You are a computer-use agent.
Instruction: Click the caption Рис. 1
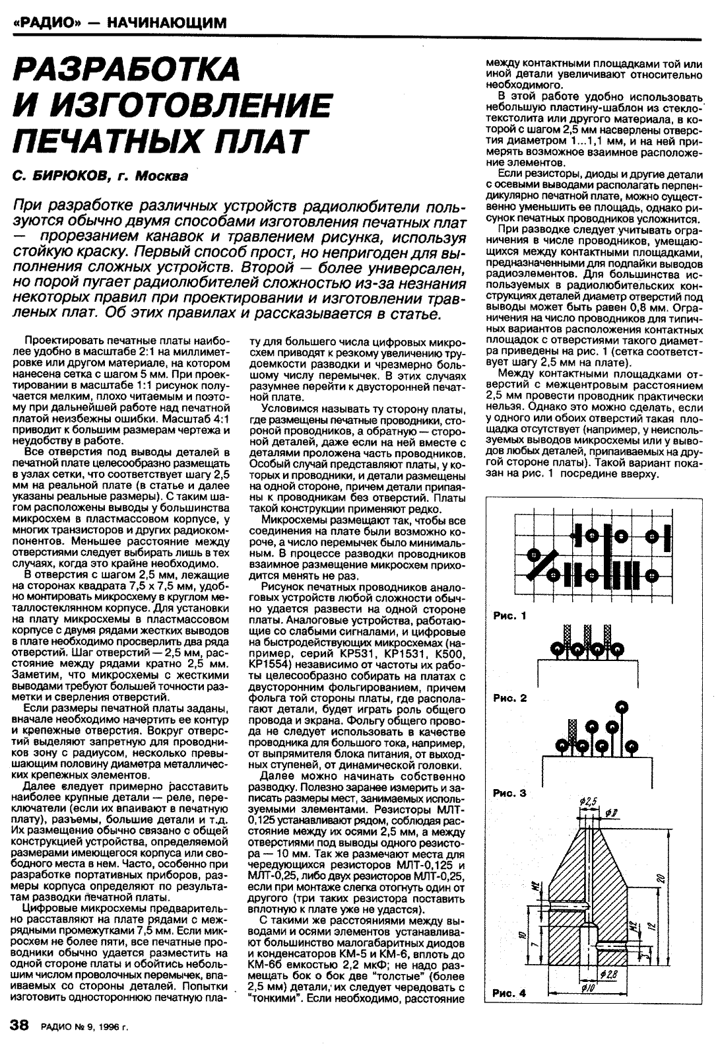tap(510, 616)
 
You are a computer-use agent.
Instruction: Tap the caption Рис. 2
tap(510, 698)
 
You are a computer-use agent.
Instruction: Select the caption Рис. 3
tap(510, 793)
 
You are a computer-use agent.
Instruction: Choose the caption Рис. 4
tap(510, 992)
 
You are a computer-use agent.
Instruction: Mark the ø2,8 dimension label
tap(608, 974)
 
